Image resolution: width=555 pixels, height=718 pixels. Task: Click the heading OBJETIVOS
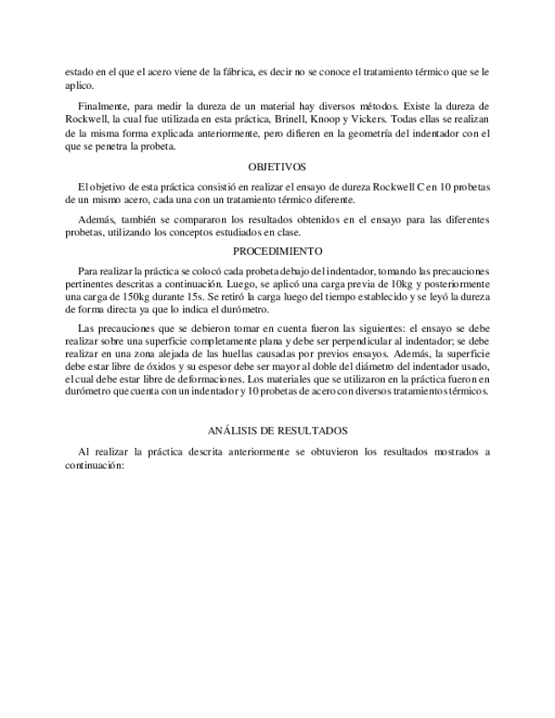(277, 167)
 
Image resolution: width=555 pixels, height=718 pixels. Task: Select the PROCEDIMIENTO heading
(277, 251)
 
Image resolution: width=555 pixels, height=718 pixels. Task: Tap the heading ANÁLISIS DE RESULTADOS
(277, 431)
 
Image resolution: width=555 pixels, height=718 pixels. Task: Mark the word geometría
(378, 134)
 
